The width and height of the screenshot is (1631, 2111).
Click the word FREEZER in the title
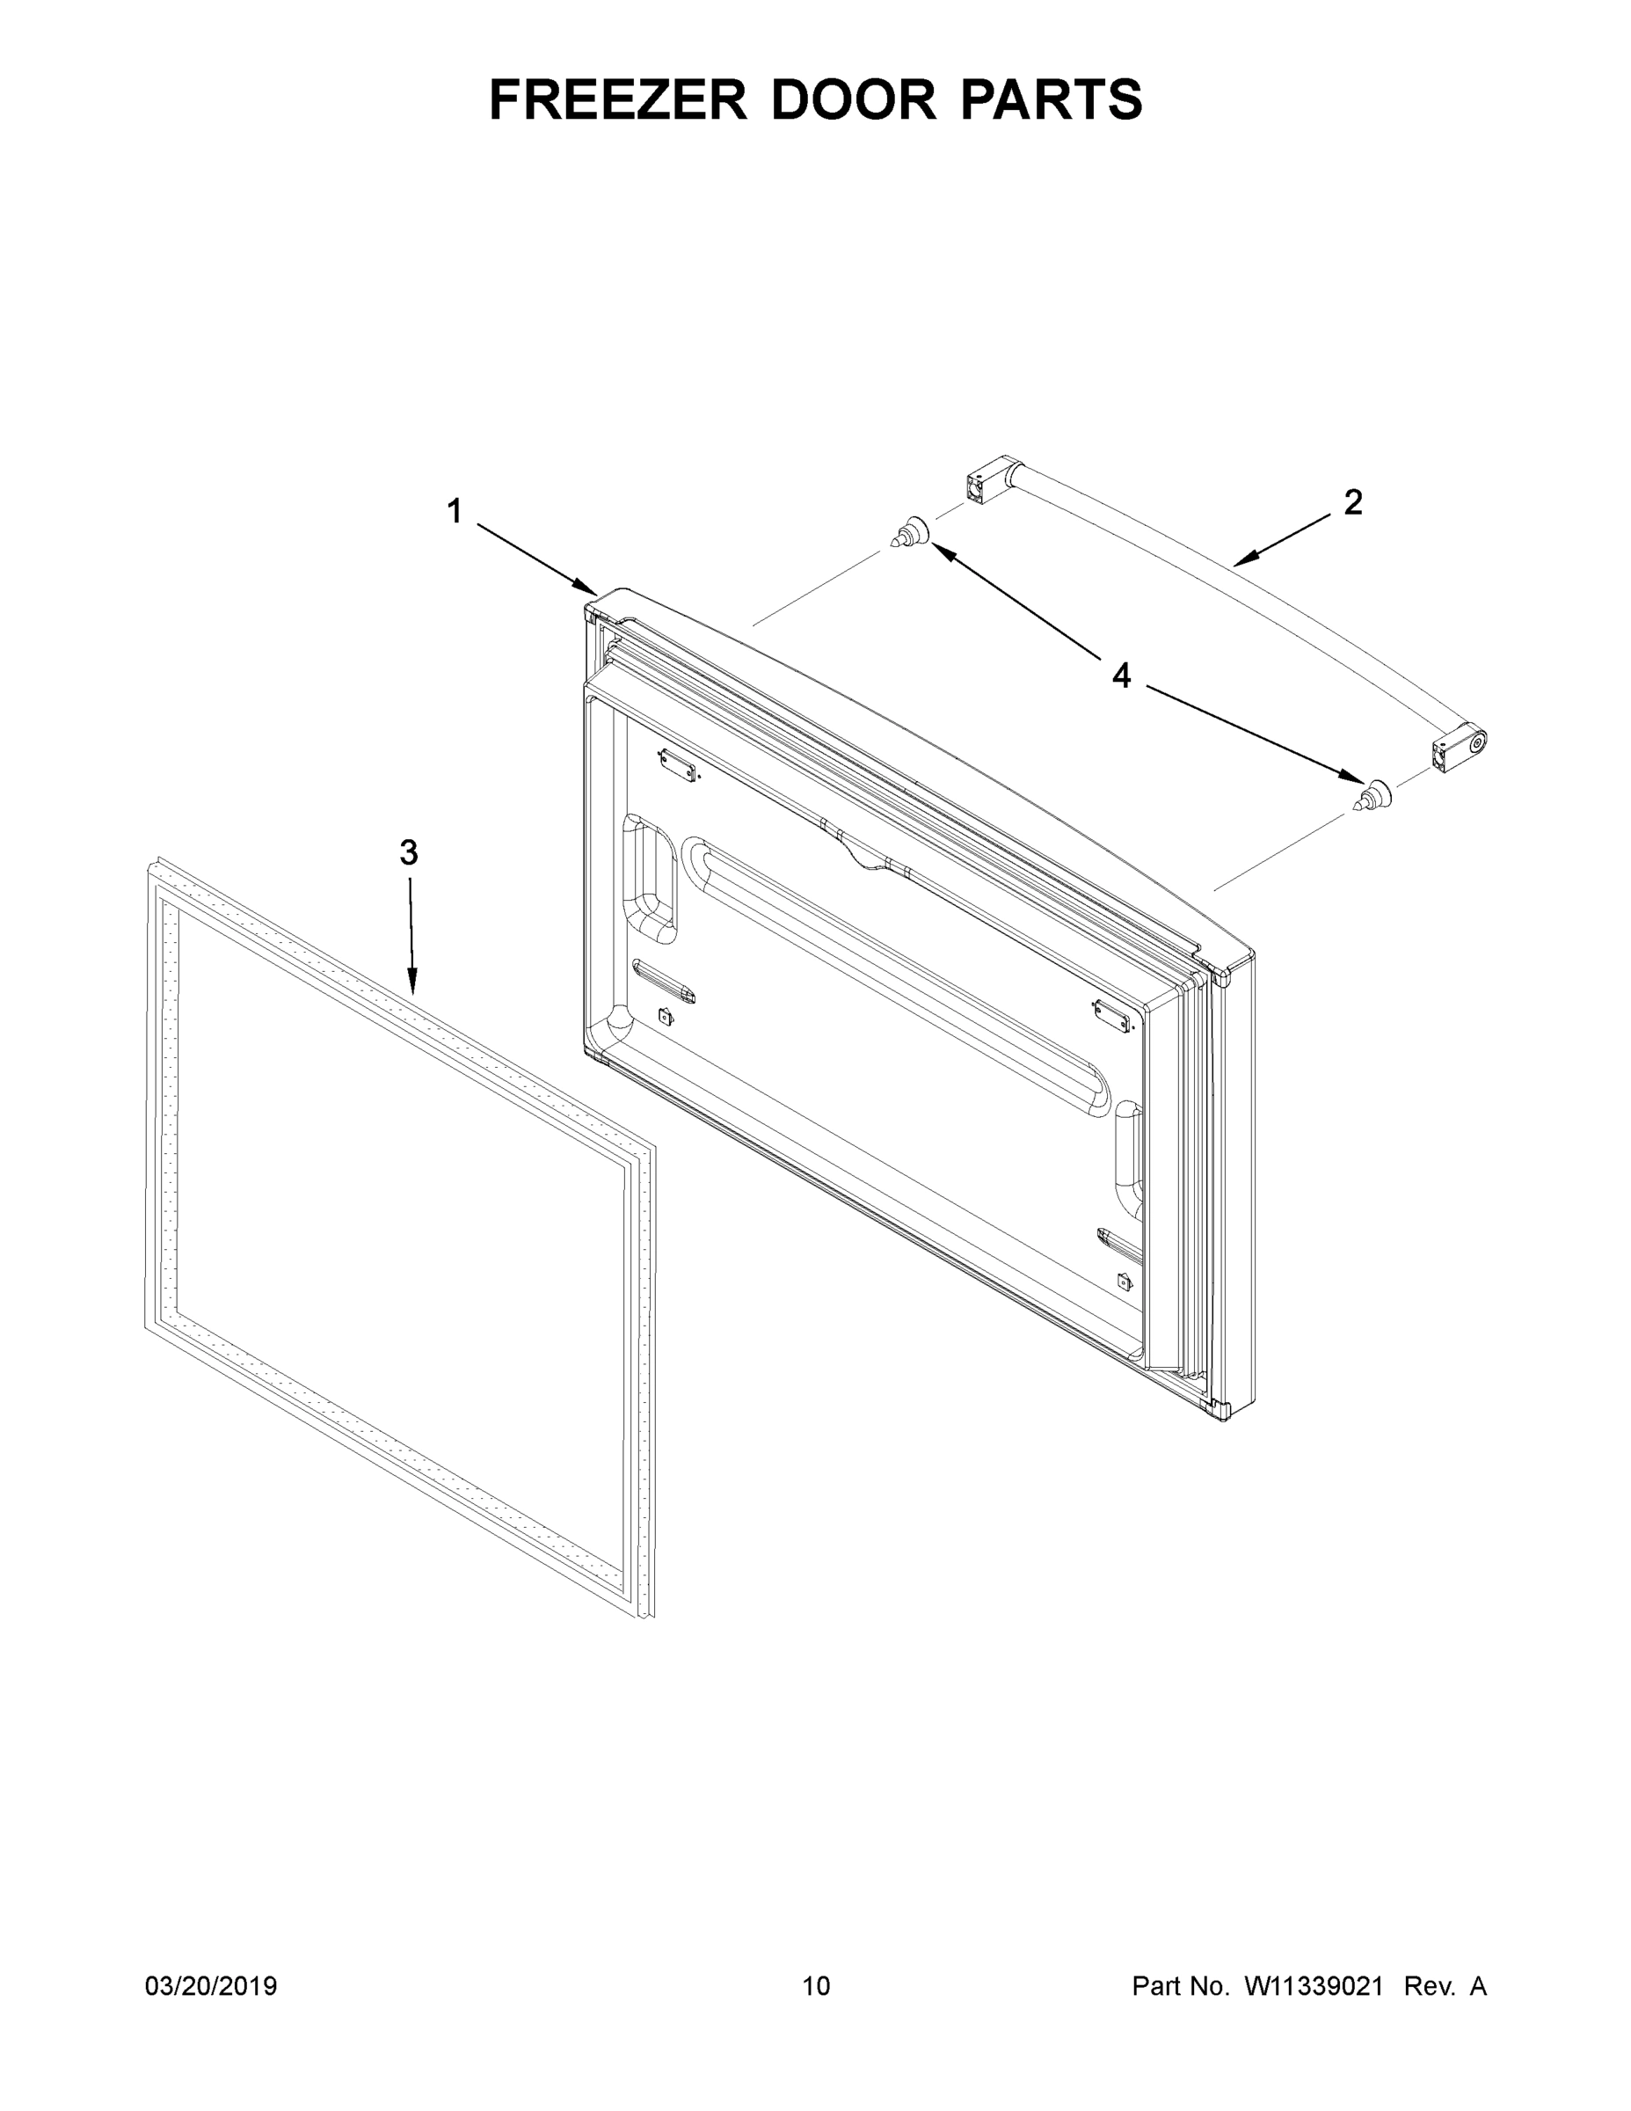tap(617, 99)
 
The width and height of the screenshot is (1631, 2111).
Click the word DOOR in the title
tap(853, 99)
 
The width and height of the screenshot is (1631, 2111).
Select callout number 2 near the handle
tap(1353, 501)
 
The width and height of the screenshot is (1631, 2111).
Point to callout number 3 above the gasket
tap(409, 852)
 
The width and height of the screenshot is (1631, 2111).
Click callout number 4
tap(1121, 675)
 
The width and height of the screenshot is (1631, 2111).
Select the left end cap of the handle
tap(985, 486)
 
